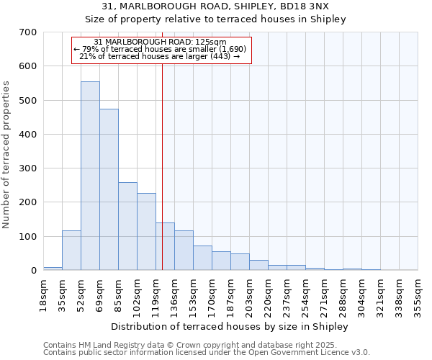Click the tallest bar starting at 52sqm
[90, 176]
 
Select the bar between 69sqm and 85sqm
[109, 189]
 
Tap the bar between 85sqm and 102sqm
[127, 226]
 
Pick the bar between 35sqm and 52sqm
[71, 250]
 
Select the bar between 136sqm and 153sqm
[184, 250]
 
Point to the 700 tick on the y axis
[28, 32]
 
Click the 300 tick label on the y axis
[28, 168]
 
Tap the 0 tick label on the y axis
[33, 271]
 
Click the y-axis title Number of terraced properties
[7, 155]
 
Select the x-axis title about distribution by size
[230, 326]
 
